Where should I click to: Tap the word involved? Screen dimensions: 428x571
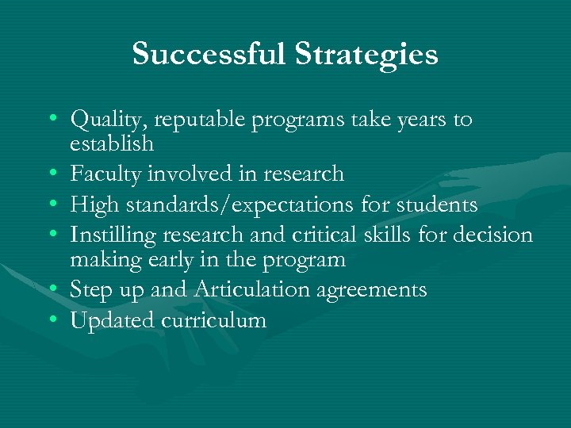point(183,174)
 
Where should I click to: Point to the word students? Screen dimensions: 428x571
point(436,205)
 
